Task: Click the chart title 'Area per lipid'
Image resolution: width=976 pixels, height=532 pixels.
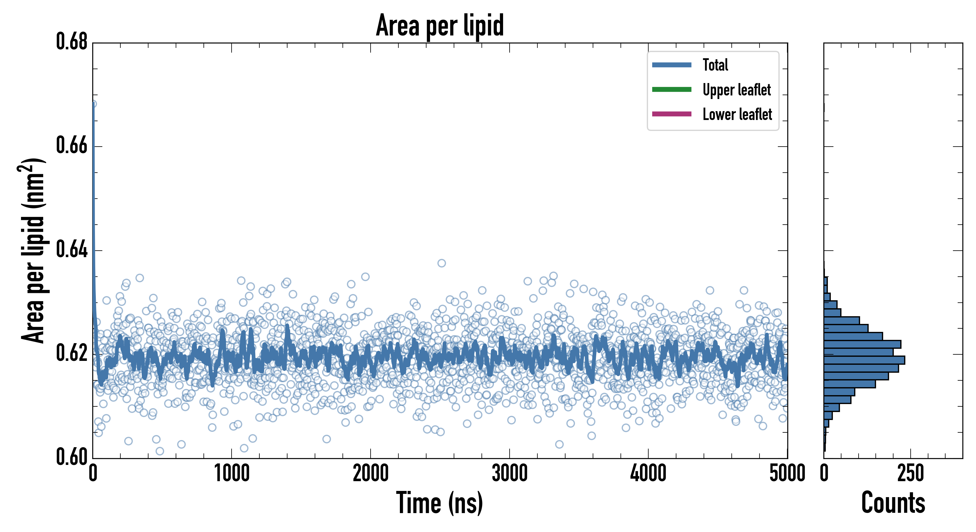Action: pos(439,25)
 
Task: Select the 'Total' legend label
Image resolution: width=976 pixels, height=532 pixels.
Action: pos(715,65)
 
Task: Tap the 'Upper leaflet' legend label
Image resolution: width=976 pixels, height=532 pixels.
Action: pos(736,90)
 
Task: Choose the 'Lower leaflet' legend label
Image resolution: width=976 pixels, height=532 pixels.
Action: pos(737,114)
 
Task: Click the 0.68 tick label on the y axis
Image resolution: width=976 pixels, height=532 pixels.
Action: pos(72,42)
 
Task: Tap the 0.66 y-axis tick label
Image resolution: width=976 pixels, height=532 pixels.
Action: pos(72,145)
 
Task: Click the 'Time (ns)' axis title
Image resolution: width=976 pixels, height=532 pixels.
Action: pos(439,503)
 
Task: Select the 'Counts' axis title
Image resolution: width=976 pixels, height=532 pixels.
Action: pos(893,503)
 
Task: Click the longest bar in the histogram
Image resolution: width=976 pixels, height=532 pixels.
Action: pos(864,360)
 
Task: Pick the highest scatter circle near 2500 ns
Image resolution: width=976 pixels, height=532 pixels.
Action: pos(441,263)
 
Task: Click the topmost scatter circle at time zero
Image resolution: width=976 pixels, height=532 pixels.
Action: pos(93,104)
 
